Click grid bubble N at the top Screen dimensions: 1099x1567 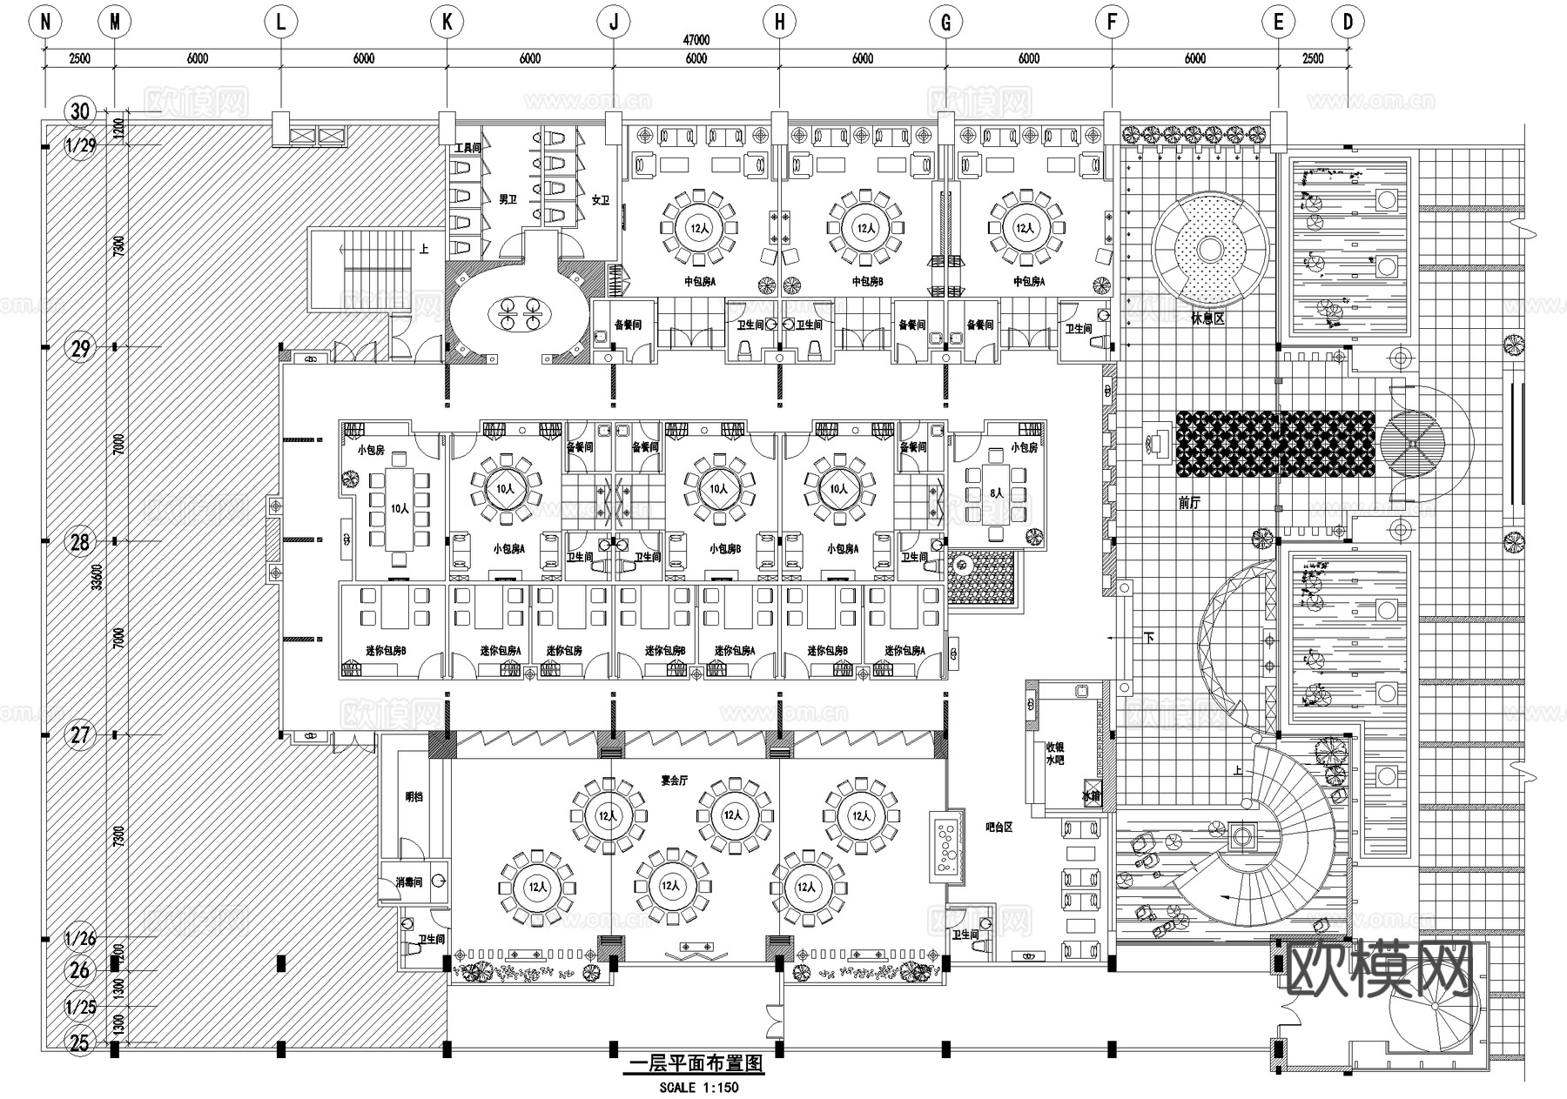tap(45, 23)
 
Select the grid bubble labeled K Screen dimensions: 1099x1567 tap(447, 23)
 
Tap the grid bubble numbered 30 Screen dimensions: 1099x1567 tap(80, 111)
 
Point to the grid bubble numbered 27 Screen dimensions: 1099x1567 tap(80, 734)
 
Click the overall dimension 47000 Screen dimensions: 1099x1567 tap(696, 40)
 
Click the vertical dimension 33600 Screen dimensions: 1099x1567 tap(98, 576)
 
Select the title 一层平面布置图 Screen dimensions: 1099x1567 tap(696, 1063)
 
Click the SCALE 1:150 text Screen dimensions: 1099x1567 tap(698, 1087)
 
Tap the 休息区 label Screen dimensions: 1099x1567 tap(1207, 319)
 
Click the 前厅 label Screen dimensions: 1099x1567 tap(1189, 503)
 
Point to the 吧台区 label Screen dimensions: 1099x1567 tap(999, 828)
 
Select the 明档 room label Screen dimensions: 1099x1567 tap(414, 796)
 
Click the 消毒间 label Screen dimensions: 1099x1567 tap(408, 882)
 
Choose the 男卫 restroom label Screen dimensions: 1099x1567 tap(508, 199)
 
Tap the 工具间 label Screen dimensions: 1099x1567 tap(467, 149)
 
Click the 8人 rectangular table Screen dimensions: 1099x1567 tap(997, 493)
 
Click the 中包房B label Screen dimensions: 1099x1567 tap(867, 282)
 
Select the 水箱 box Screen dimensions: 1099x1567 tap(1091, 796)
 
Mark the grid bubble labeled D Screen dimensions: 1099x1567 tap(1348, 23)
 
